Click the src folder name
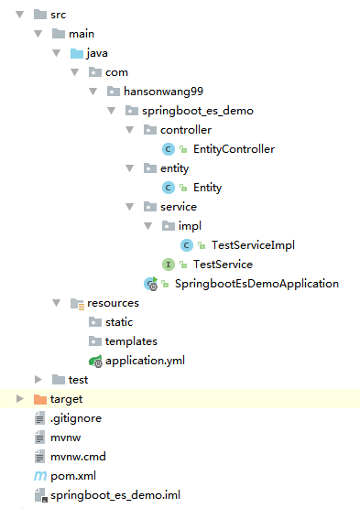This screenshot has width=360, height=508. [x=58, y=15]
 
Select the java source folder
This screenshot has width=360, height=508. [x=96, y=53]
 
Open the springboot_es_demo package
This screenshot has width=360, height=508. [x=197, y=111]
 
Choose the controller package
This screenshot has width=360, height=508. [x=185, y=130]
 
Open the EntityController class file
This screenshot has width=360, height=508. [x=234, y=149]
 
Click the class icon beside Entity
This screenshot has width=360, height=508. [x=168, y=188]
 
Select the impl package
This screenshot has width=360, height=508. [x=191, y=226]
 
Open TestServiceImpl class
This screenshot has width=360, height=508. [x=252, y=245]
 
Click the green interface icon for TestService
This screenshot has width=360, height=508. [x=168, y=265]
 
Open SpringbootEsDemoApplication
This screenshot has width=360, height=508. [x=256, y=284]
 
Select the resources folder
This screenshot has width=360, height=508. [x=113, y=303]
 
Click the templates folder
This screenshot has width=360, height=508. [x=131, y=341]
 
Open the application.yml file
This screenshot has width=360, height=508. [x=145, y=361]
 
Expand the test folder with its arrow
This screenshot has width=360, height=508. [x=38, y=380]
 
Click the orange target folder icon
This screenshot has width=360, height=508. [x=39, y=399]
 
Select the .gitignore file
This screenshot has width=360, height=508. [x=75, y=418]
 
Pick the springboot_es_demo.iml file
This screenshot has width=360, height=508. [x=115, y=495]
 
